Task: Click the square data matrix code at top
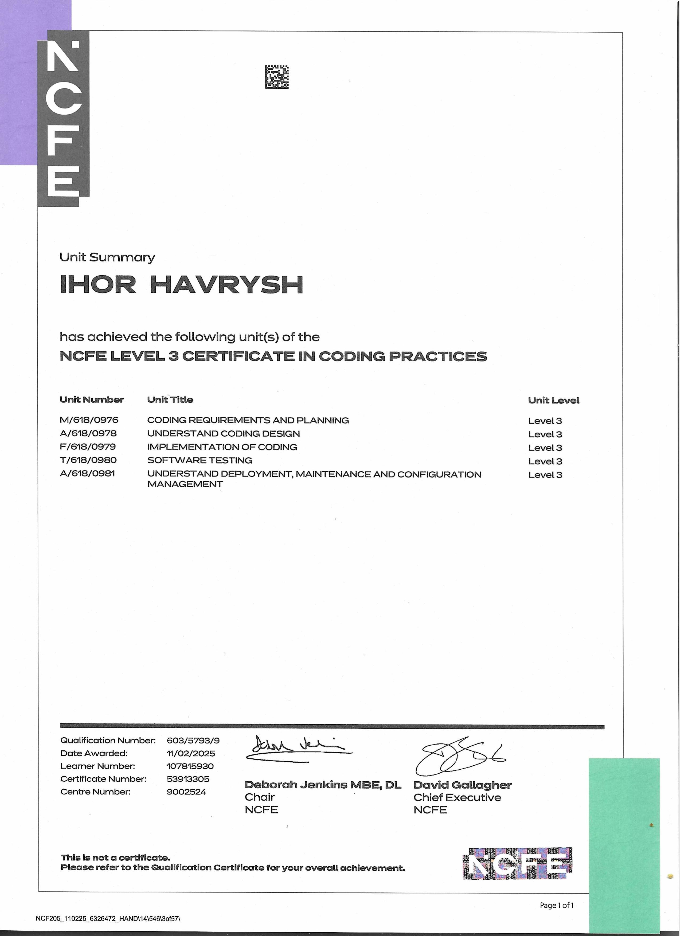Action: click(277, 77)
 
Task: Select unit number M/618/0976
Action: click(89, 420)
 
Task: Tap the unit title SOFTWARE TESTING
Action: click(200, 460)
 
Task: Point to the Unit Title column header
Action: click(170, 400)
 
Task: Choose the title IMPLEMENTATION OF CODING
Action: click(222, 447)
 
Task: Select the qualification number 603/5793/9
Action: click(193, 740)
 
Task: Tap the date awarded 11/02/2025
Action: click(191, 753)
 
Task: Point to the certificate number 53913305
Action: click(188, 779)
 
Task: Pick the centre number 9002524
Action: click(186, 792)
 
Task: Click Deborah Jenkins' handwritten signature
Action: click(297, 748)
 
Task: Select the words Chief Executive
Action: click(457, 797)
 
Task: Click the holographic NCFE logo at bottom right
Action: click(518, 863)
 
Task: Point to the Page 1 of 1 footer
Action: click(557, 905)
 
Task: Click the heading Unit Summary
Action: click(107, 257)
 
